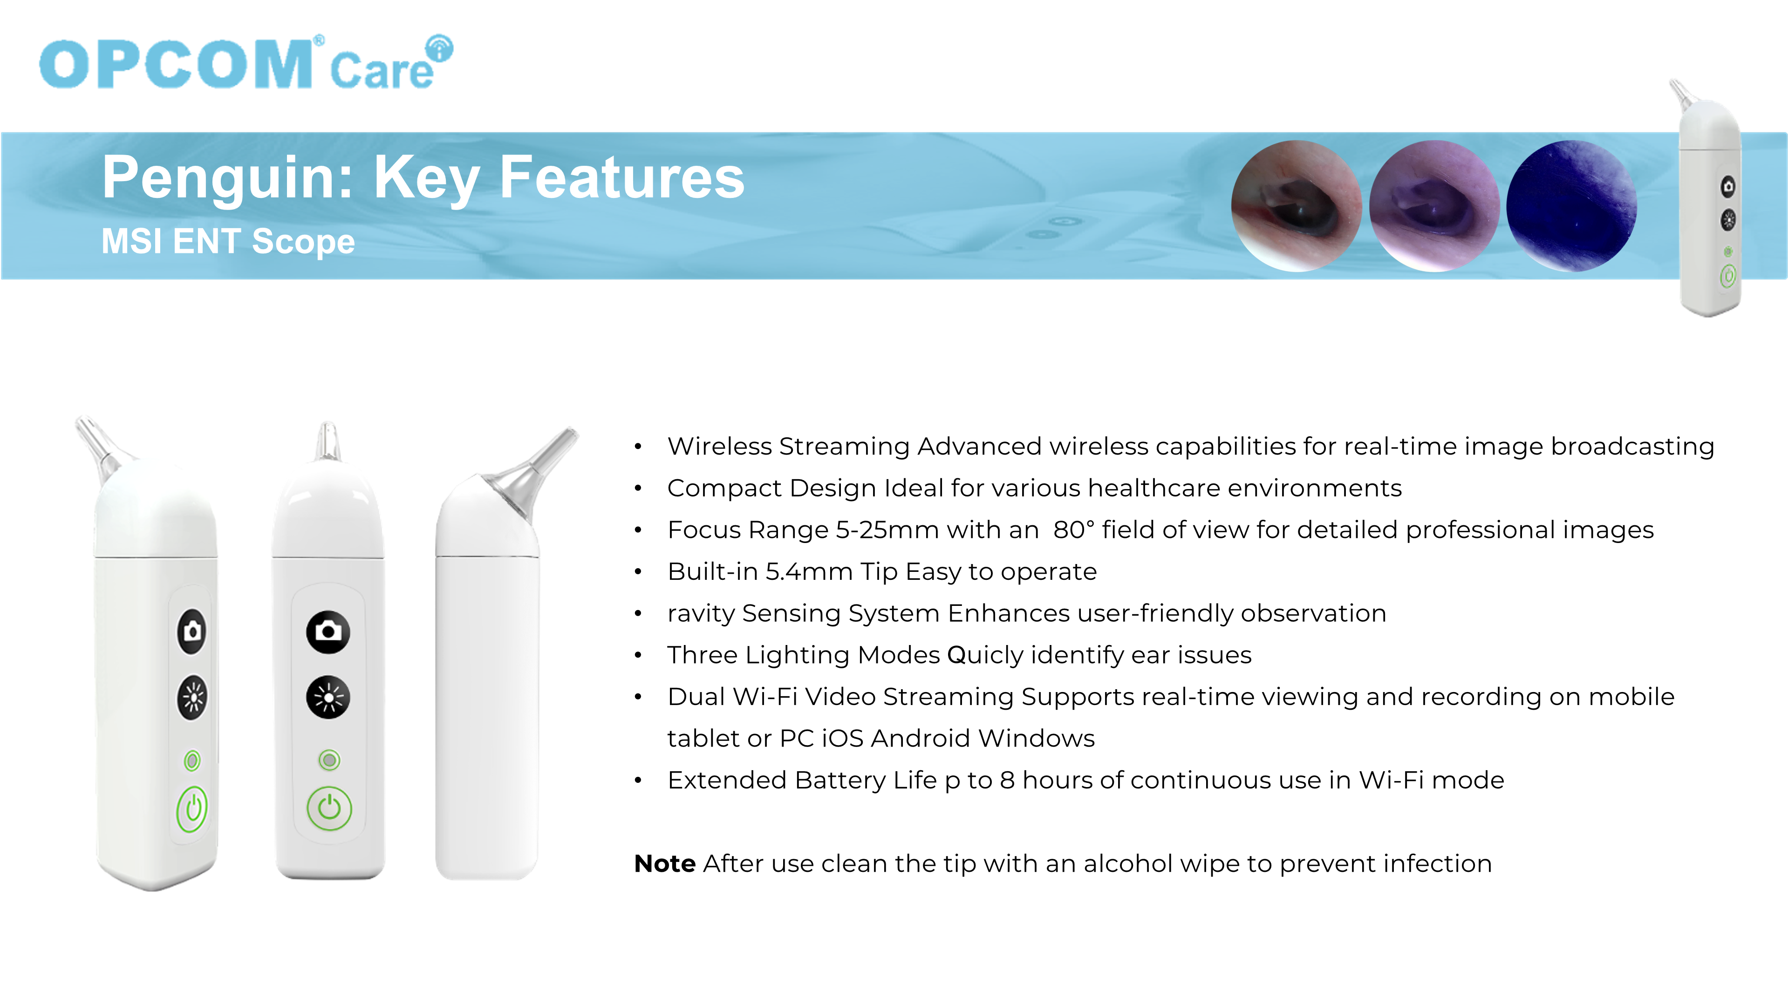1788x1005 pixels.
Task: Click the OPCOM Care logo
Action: pyautogui.click(x=246, y=64)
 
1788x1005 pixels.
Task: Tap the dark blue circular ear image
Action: pyautogui.click(x=1571, y=206)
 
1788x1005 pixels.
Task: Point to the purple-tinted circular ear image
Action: pyautogui.click(x=1434, y=206)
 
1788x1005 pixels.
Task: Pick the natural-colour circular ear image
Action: pyautogui.click(x=1297, y=206)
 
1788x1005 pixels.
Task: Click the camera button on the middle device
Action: pyautogui.click(x=328, y=632)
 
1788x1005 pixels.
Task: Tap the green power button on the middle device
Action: pyautogui.click(x=329, y=808)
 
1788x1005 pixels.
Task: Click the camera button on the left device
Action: pyautogui.click(x=192, y=632)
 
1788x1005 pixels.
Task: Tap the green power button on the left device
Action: pyautogui.click(x=192, y=809)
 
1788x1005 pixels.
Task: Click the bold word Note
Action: pyautogui.click(x=665, y=863)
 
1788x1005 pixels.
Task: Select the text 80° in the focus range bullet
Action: pyautogui.click(x=1074, y=530)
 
